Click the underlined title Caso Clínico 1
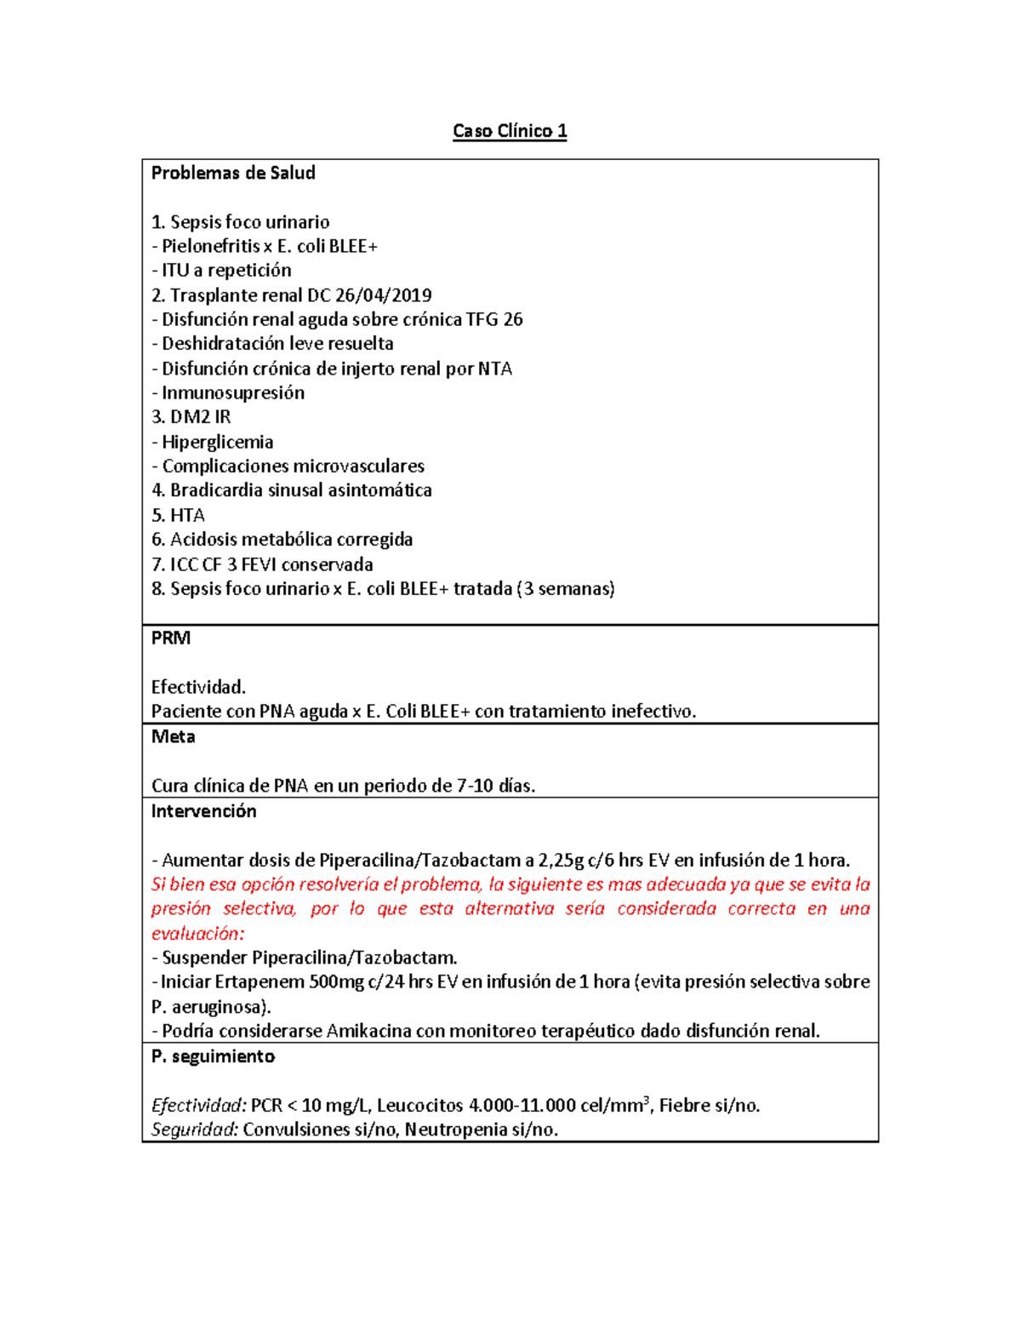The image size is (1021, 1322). pos(510,131)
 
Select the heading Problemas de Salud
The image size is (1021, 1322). pos(233,173)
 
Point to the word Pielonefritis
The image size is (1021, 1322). pos(211,246)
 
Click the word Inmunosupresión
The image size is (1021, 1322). pos(233,392)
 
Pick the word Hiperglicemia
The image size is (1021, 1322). pos(218,442)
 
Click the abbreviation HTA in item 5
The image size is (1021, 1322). pos(187,515)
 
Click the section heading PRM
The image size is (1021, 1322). pos(171,638)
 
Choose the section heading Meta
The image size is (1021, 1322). pos(173,736)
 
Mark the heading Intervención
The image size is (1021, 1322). pos(203,811)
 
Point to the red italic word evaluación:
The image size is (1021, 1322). pos(197,934)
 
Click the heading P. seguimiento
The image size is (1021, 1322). pos(213,1056)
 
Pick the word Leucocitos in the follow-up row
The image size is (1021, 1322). pos(420,1106)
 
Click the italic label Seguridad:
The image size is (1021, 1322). pos(195,1130)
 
